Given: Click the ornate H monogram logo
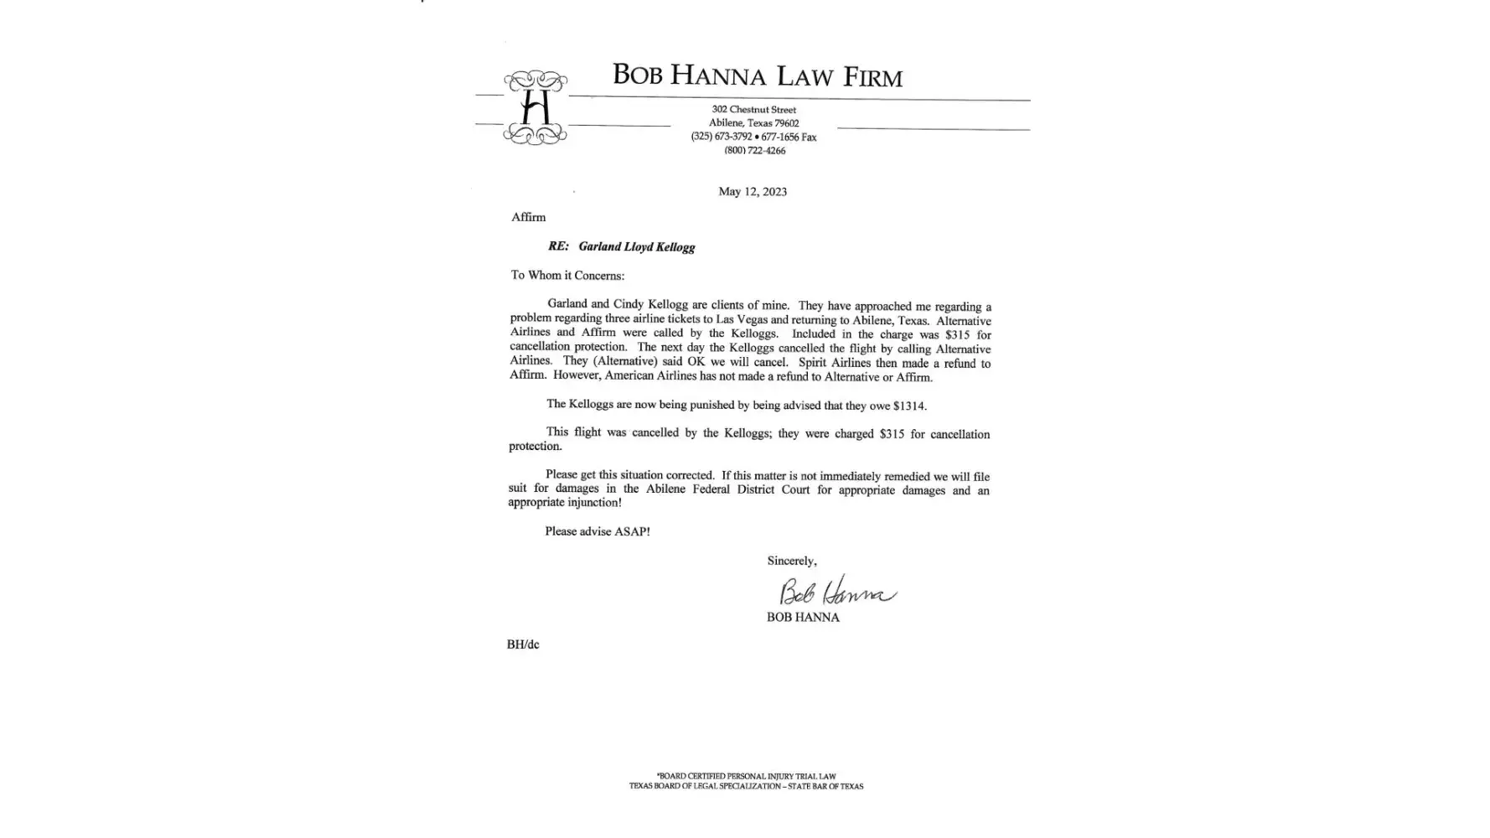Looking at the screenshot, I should (535, 108).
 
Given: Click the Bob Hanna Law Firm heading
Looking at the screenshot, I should (757, 75).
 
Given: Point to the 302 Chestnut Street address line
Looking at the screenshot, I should (753, 110).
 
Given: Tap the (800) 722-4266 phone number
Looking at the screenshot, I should (754, 151).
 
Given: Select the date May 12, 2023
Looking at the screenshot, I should (752, 192).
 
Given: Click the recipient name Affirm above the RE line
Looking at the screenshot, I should (528, 217).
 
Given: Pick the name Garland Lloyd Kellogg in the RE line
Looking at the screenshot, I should (636, 247).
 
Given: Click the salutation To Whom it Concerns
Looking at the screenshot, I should (567, 276).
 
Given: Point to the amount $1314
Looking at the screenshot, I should (908, 406).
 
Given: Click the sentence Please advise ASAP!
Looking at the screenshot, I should (597, 531).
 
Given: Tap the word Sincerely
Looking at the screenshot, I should (791, 561).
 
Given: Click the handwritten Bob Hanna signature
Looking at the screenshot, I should (836, 592).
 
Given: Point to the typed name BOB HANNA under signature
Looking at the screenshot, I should (802, 618).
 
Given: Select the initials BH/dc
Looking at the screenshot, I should (523, 644).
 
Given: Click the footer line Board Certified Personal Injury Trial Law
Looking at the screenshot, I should (746, 776).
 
